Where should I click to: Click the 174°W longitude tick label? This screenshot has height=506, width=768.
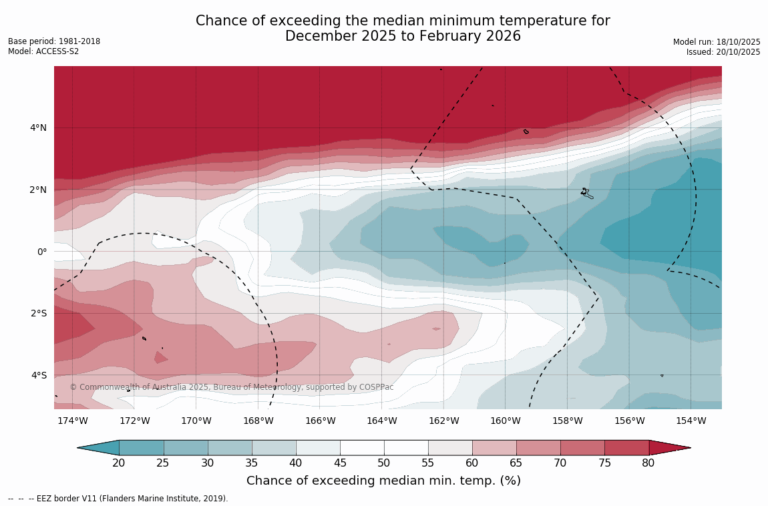click(72, 421)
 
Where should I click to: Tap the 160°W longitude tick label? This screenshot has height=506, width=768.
click(505, 421)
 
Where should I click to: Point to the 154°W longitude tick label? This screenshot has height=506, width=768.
click(691, 421)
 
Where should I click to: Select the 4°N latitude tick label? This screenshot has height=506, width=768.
click(38, 128)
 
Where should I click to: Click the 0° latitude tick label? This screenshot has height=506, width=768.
click(41, 252)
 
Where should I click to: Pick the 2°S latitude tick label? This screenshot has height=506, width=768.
click(38, 313)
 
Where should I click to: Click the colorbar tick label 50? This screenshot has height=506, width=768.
click(383, 463)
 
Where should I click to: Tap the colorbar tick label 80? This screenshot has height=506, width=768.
click(648, 463)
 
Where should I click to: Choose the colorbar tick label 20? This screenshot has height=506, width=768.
click(119, 463)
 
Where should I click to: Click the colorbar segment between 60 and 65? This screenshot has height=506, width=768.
click(494, 447)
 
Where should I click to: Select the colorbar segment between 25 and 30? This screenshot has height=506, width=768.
click(186, 447)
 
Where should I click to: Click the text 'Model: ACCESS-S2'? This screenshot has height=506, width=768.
click(43, 51)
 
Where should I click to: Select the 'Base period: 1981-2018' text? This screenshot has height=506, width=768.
click(54, 41)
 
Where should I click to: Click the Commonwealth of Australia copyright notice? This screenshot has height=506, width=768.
click(232, 387)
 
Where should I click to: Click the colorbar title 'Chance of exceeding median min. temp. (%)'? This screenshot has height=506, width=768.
click(383, 481)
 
